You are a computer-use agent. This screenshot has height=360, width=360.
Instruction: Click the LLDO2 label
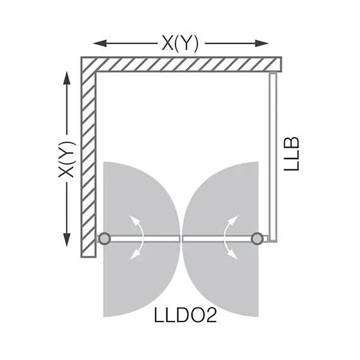click(186, 315)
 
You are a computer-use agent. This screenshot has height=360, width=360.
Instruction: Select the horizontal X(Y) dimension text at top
click(181, 43)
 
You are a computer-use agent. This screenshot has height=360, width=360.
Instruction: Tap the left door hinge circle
click(104, 238)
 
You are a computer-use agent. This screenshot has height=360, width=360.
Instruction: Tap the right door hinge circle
click(257, 238)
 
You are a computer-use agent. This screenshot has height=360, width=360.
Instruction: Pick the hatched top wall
click(183, 64)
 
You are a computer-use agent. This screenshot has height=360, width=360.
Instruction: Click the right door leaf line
click(218, 238)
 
